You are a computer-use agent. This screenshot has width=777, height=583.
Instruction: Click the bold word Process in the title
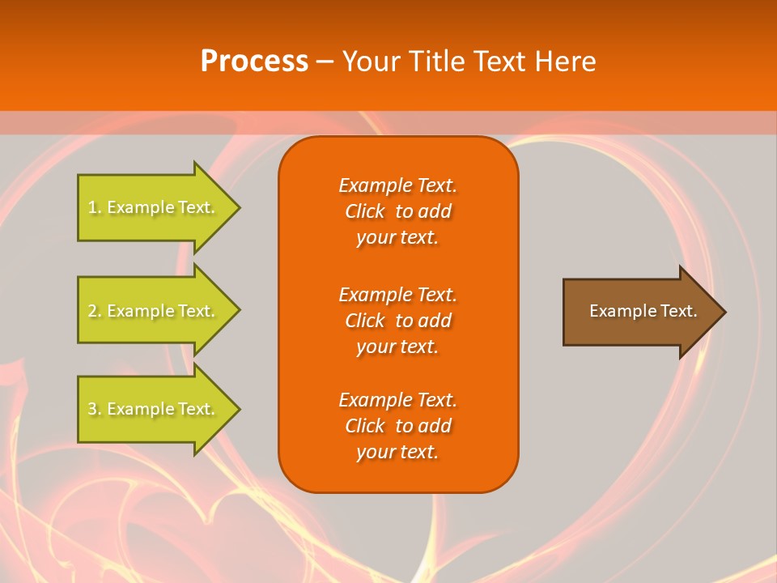[x=254, y=62]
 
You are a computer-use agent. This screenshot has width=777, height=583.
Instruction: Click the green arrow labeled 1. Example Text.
[x=154, y=207]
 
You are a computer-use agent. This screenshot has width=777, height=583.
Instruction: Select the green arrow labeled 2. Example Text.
[x=154, y=311]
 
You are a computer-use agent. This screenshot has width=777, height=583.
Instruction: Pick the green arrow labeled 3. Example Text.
[x=154, y=409]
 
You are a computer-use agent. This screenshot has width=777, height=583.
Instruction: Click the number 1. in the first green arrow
[x=95, y=207]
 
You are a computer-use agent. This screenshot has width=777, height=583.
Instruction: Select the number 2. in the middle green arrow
[x=95, y=311]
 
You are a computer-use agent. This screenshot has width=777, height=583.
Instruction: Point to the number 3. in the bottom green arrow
[x=95, y=409]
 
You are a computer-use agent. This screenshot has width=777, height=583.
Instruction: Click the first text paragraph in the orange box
[x=397, y=211]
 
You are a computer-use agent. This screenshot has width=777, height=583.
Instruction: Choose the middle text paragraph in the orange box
[x=397, y=320]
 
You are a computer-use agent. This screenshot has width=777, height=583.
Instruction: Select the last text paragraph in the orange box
[x=397, y=426]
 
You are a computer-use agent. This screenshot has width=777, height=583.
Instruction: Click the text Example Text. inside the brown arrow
[x=643, y=311]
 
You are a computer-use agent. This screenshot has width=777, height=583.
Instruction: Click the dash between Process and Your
[x=325, y=62]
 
